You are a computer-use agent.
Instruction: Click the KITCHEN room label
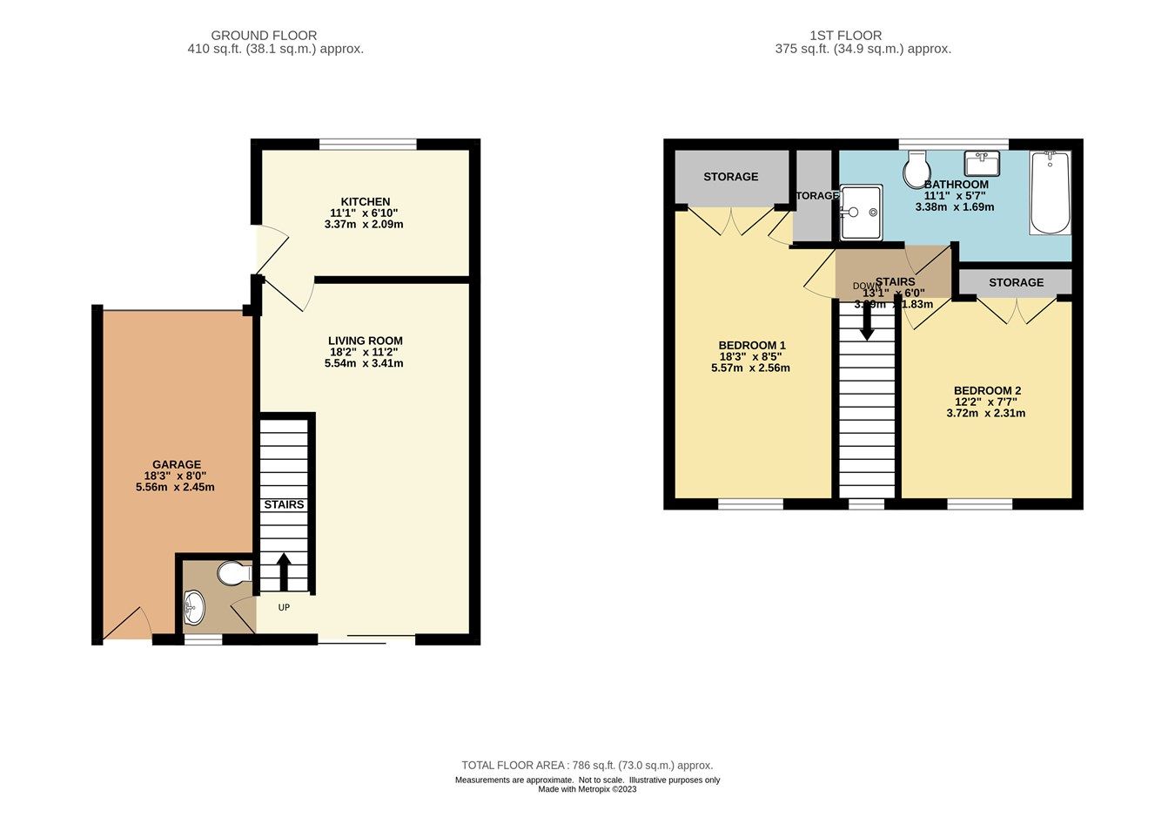click(365, 202)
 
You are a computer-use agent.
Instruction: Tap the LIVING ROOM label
click(365, 341)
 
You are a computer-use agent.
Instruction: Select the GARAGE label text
click(176, 465)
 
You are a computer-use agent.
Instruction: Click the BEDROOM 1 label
click(751, 346)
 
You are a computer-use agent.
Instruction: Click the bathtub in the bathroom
click(1050, 193)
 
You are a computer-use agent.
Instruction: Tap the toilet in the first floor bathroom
click(916, 170)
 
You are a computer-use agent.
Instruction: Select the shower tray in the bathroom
click(861, 212)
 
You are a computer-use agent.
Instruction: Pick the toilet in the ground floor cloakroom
click(233, 574)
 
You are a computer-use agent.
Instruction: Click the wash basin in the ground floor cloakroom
click(195, 604)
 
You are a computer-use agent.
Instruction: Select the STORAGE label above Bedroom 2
click(1016, 283)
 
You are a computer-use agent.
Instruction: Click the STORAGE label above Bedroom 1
click(730, 177)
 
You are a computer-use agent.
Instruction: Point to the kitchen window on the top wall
click(366, 145)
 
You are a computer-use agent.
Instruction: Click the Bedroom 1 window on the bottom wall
click(750, 503)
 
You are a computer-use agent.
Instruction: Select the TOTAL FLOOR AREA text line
click(587, 766)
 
